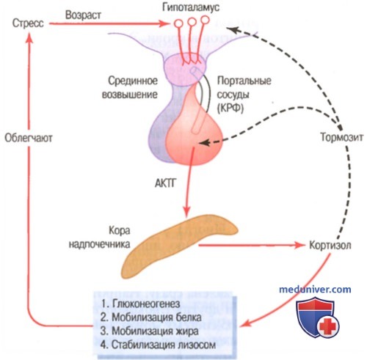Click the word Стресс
point(28,23)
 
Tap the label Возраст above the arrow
point(83,15)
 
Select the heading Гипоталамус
point(191,7)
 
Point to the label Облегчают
point(29,138)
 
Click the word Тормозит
point(342,137)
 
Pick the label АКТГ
point(165,183)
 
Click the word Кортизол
point(330,245)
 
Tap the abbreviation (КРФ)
point(230,108)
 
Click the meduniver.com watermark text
point(315,290)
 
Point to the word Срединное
point(133,81)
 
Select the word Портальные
point(244,81)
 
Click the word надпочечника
point(99,244)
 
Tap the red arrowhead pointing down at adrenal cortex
point(186,212)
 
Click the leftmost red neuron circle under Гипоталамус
point(178,23)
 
